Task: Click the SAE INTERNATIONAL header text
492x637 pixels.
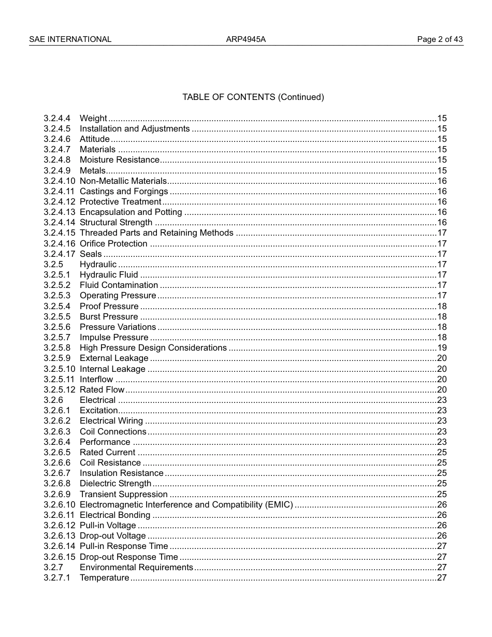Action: [70, 39]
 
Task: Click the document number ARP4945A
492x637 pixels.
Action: [245, 39]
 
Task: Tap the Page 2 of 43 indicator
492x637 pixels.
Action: [440, 39]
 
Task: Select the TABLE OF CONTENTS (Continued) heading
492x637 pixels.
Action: [253, 97]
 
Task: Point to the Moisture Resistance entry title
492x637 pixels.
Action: [119, 160]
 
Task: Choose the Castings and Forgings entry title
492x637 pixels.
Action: [123, 192]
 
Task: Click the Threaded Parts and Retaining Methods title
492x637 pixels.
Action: [156, 233]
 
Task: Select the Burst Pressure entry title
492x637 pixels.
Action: [109, 317]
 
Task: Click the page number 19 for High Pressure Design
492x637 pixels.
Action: [442, 348]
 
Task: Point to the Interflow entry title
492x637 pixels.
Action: [96, 380]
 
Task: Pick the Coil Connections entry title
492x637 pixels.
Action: [113, 432]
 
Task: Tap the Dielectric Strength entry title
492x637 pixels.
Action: [115, 484]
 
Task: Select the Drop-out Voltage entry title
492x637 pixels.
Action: [112, 536]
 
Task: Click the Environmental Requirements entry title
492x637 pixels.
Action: [136, 568]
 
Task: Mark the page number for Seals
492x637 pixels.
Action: [442, 254]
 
